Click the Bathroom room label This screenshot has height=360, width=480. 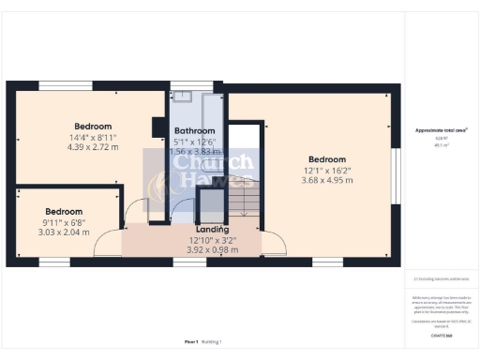[195, 130]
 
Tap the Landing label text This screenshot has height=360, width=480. [211, 229]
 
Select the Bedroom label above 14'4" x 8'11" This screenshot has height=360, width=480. [93, 127]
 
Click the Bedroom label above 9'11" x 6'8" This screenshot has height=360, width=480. [64, 212]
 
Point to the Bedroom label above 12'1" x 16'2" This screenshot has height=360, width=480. [326, 159]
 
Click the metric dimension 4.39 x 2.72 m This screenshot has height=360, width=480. [93, 147]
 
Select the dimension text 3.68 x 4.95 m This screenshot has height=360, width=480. [326, 180]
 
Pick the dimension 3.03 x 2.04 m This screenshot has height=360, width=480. [64, 232]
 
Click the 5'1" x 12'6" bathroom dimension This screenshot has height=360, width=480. [195, 141]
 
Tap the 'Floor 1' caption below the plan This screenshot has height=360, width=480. [191, 342]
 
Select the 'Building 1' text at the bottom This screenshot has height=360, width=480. [213, 342]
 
